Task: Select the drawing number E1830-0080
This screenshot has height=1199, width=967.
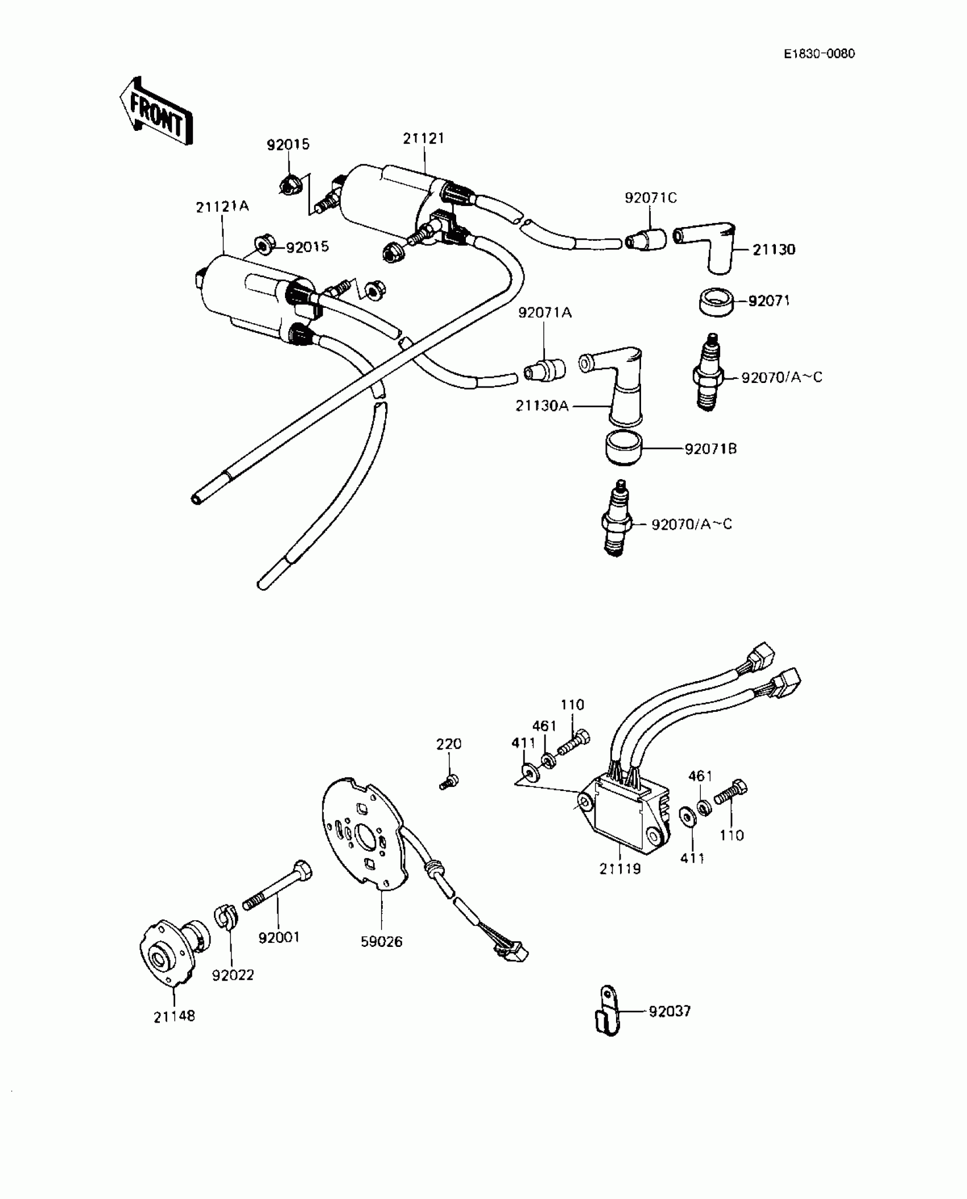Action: [819, 54]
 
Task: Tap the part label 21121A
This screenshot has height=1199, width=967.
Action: [222, 207]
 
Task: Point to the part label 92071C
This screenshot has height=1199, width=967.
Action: [651, 198]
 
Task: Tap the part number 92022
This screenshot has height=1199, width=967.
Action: [233, 975]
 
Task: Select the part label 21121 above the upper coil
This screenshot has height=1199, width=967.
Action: [424, 138]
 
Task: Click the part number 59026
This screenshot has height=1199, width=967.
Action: [382, 942]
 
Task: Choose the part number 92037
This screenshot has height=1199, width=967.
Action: [670, 1011]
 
